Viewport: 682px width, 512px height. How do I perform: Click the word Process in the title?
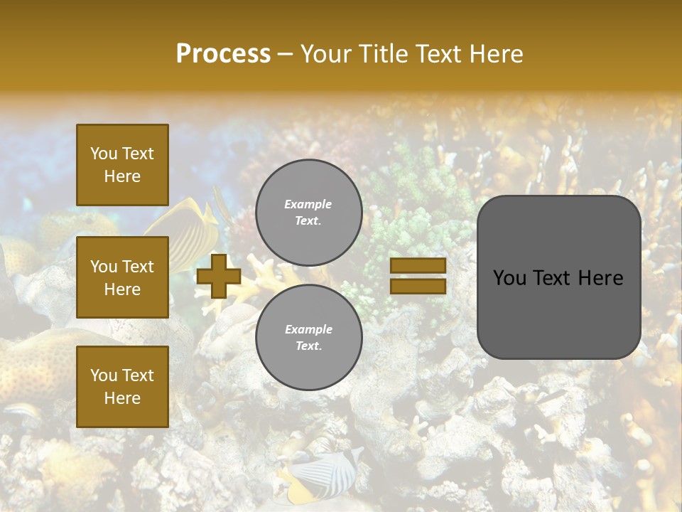pos(223,54)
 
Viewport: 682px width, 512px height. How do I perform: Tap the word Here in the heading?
pos(496,54)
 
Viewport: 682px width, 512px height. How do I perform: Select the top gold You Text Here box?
pos(122,165)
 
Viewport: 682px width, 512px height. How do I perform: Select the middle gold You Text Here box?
pos(122,277)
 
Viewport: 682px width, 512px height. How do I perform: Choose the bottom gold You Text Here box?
pos(122,387)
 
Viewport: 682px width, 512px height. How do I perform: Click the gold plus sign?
pos(219,276)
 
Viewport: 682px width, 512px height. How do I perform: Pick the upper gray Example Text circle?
pos(308,213)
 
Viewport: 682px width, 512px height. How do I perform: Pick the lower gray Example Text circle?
pos(308,338)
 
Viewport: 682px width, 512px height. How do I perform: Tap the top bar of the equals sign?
pos(418,265)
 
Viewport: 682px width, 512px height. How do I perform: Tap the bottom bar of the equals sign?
pos(418,286)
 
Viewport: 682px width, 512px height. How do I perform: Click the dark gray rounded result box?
pos(558,313)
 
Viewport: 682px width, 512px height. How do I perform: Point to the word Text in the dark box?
pos(556,278)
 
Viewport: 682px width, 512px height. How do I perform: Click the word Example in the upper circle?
pos(308,204)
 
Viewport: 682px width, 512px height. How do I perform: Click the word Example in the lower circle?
pos(308,329)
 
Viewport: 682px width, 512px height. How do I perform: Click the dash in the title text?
pos(286,54)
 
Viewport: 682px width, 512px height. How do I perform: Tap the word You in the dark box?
pos(510,278)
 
